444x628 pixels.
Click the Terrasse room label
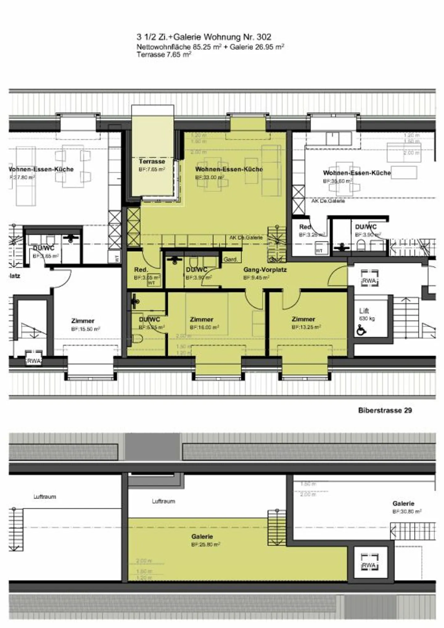pyautogui.click(x=152, y=161)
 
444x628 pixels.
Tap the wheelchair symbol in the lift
pyautogui.click(x=361, y=331)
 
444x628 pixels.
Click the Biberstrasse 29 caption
pyautogui.click(x=385, y=410)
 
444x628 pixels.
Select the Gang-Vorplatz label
pyautogui.click(x=265, y=270)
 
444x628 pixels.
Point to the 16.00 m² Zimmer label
pyautogui.click(x=202, y=319)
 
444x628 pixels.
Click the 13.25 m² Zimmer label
pyautogui.click(x=303, y=319)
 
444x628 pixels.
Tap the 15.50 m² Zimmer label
pyautogui.click(x=83, y=321)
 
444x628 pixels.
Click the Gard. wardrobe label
pyautogui.click(x=230, y=260)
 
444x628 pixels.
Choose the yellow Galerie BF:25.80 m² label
pyautogui.click(x=202, y=537)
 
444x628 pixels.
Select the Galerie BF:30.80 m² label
pyautogui.click(x=403, y=504)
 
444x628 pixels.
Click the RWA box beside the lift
pyautogui.click(x=369, y=281)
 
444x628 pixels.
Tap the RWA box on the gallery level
pyautogui.click(x=369, y=565)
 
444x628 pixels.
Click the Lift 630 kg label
pyautogui.click(x=364, y=311)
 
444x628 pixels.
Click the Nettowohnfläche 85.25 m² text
pyautogui.click(x=179, y=47)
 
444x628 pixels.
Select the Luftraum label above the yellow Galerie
pyautogui.click(x=163, y=501)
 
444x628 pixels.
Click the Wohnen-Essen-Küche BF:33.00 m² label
pyautogui.click(x=229, y=169)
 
